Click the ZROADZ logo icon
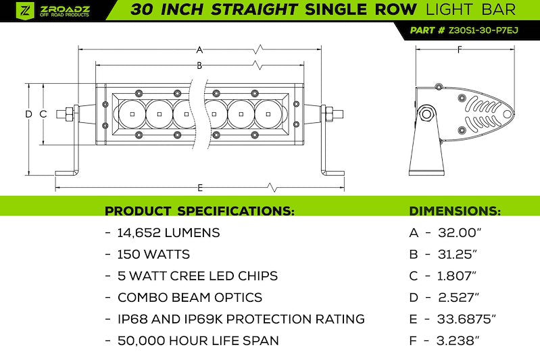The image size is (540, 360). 25,10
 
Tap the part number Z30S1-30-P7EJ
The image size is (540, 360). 483,30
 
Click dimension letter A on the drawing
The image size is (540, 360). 199,50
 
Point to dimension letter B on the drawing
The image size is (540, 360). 199,66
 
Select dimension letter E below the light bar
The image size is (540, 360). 200,188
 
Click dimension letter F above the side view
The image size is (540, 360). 460,50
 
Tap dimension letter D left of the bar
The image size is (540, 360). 28,114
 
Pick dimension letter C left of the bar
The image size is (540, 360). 43,114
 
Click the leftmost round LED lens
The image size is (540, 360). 132,114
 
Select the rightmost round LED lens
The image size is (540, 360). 268,114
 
